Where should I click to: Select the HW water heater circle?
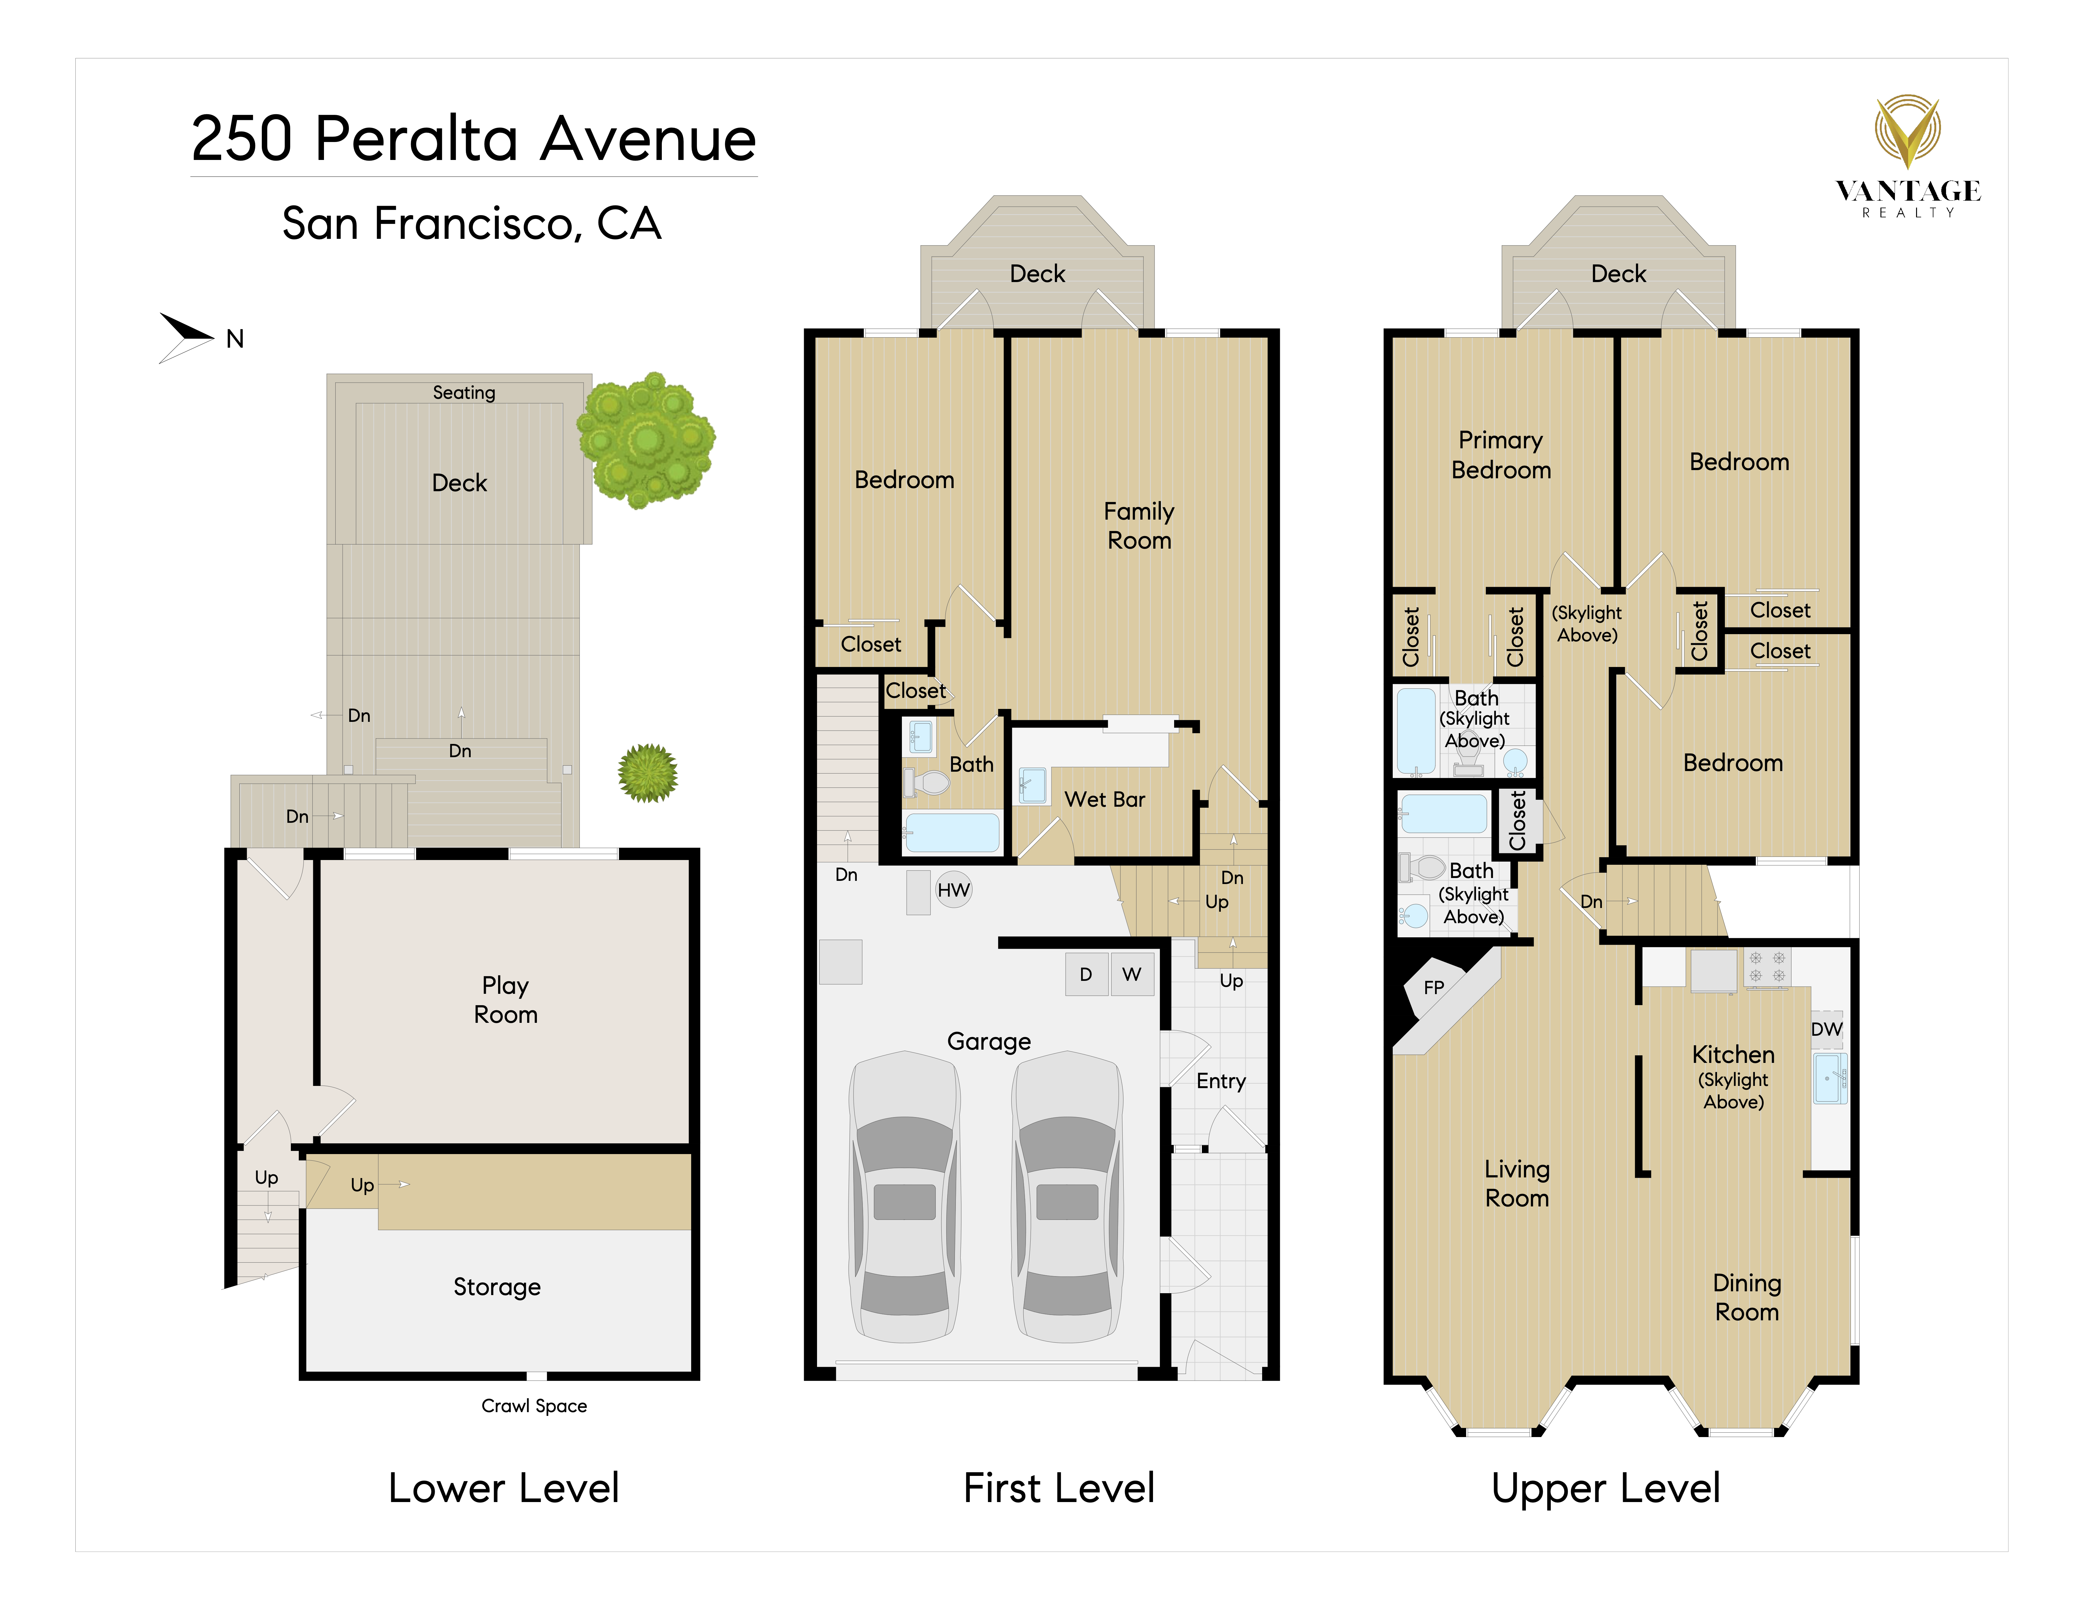pyautogui.click(x=953, y=890)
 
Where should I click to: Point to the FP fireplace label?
pyautogui.click(x=1434, y=987)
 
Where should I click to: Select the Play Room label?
pyautogui.click(x=505, y=1000)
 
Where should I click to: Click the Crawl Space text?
pyautogui.click(x=534, y=1406)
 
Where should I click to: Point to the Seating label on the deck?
pyautogui.click(x=464, y=393)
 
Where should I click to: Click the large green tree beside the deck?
pyautogui.click(x=646, y=440)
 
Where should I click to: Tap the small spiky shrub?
pyautogui.click(x=648, y=773)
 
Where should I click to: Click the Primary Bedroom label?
pyautogui.click(x=1502, y=455)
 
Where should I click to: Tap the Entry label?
pyautogui.click(x=1221, y=1081)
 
